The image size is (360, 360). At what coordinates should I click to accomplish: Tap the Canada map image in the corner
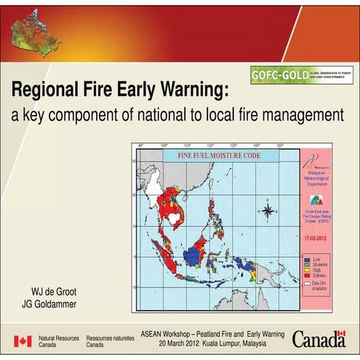[34, 34]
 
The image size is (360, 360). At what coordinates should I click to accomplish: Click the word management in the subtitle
[302, 114]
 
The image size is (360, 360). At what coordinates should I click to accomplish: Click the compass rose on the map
[267, 212]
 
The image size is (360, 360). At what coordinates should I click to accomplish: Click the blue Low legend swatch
[307, 258]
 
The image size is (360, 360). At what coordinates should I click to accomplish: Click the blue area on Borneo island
[194, 255]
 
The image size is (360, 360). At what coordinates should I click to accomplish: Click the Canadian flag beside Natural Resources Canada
[23, 341]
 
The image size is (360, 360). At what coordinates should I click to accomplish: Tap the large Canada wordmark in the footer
[319, 339]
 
